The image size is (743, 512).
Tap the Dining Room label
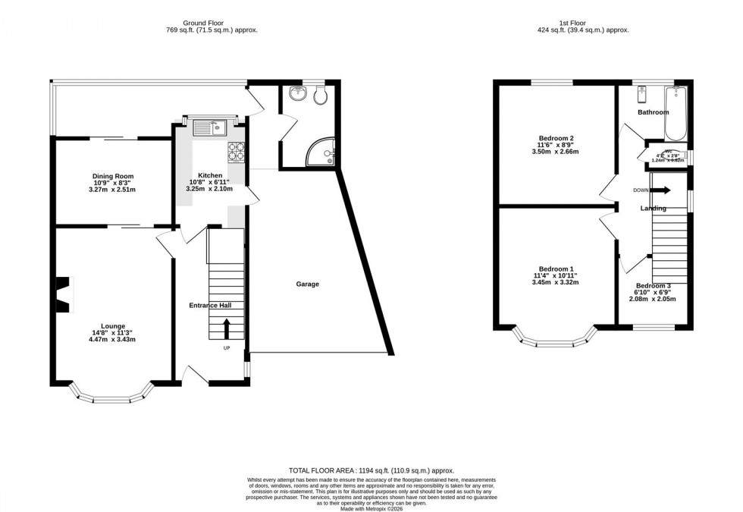[x=113, y=176]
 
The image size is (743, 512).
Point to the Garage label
[x=307, y=284]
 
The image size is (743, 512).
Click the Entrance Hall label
[x=210, y=305]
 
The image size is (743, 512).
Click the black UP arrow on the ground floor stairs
[x=226, y=328]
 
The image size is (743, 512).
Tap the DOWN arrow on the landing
[x=660, y=190]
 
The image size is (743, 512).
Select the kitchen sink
[x=208, y=127]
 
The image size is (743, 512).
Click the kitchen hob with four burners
[x=236, y=152]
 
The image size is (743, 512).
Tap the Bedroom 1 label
[x=556, y=269]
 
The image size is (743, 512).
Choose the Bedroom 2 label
[x=556, y=138]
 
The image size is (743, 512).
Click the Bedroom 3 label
[x=653, y=285]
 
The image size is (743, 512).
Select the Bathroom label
[x=653, y=112]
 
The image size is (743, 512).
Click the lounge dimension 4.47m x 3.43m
[x=113, y=339]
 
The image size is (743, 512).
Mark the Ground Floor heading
[x=212, y=23]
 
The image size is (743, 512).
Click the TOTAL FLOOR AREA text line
[x=371, y=470]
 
